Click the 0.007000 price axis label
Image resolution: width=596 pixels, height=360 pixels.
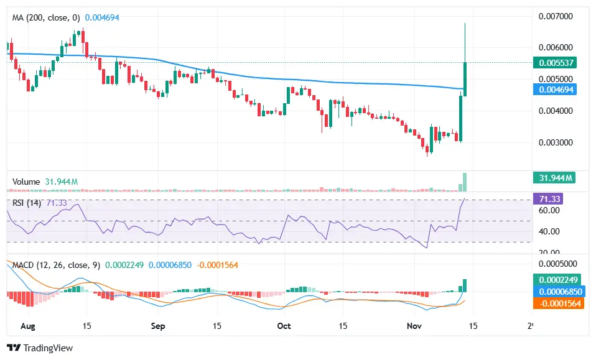coord(556,16)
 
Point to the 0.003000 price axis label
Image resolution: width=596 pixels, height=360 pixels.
coord(556,142)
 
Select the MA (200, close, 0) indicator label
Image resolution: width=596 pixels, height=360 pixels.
coord(46,18)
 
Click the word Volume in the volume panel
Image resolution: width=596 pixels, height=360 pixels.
coord(26,182)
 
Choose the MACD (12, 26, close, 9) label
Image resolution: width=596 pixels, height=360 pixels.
coord(56,265)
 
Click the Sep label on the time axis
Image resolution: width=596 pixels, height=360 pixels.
coord(158,325)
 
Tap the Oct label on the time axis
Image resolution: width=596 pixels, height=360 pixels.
coord(284,325)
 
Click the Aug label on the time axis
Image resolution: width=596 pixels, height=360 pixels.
coord(27,325)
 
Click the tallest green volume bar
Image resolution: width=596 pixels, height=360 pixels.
coord(465,182)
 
